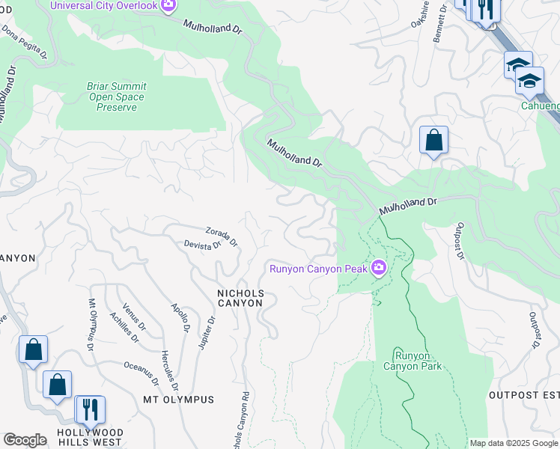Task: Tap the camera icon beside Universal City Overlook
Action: pyautogui.click(x=168, y=6)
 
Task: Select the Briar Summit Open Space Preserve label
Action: pyautogui.click(x=116, y=97)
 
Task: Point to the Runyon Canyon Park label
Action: pyautogui.click(x=413, y=361)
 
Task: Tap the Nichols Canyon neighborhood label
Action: pyautogui.click(x=240, y=298)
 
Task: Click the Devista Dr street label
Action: pyautogui.click(x=203, y=245)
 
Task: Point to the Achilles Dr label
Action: pyautogui.click(x=125, y=327)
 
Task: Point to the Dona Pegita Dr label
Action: pyautogui.click(x=23, y=43)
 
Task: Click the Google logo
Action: pyautogui.click(x=25, y=440)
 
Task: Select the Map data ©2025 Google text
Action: pyautogui.click(x=514, y=443)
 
